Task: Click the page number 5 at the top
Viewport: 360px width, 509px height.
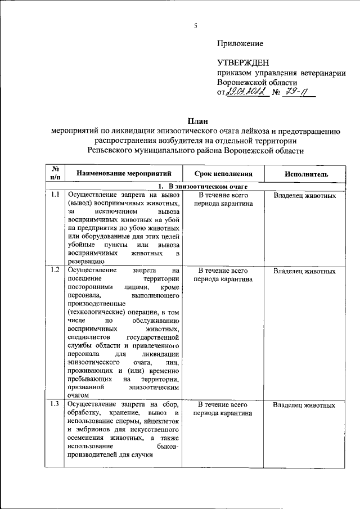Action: coord(196,25)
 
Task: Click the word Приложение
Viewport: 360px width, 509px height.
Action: coord(240,43)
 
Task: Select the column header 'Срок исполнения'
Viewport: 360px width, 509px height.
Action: coord(223,174)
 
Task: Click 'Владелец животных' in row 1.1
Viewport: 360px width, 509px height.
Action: coord(305,196)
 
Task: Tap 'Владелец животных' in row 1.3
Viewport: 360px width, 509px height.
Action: coord(305,405)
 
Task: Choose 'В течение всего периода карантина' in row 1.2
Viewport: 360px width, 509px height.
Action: coord(223,274)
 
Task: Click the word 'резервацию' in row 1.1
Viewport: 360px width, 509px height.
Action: coord(85,262)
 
